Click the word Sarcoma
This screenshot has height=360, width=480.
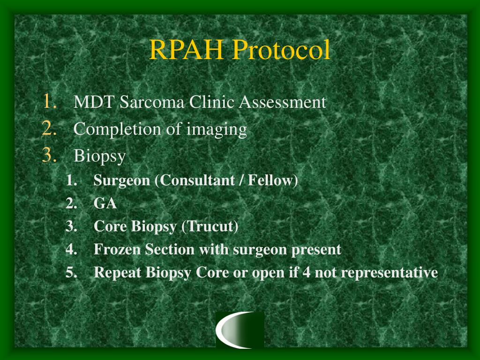pos(152,102)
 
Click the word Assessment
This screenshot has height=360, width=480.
pos(282,102)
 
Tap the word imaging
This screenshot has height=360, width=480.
pos(217,129)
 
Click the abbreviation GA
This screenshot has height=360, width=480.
pos(105,203)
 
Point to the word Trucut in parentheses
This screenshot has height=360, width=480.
pos(211,227)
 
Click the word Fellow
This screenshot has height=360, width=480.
pos(272,180)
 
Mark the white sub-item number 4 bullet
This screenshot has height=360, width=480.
pos(71,250)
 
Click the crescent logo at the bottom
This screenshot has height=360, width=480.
pos(240,330)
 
